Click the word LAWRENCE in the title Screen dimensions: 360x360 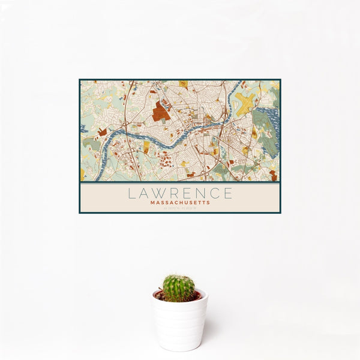[x=180, y=193]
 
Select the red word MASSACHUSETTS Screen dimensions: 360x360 [x=180, y=203]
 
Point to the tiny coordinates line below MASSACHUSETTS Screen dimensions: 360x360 [x=180, y=208]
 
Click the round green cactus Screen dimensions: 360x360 [x=179, y=288]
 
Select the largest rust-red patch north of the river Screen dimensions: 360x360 [x=160, y=111]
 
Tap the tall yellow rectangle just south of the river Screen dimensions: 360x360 [x=146, y=147]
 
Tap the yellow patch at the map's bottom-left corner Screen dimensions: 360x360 [x=82, y=174]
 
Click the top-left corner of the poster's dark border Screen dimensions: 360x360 [x=80, y=80]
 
